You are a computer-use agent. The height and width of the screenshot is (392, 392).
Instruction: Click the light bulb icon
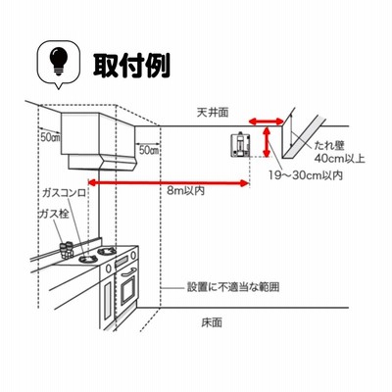pyautogui.click(x=59, y=62)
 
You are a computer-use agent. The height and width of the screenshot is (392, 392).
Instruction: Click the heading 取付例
pyautogui.click(x=131, y=66)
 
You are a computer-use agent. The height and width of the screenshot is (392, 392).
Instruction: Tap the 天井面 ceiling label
pyautogui.click(x=213, y=113)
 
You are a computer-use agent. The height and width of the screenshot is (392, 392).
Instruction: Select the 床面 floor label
pyautogui.click(x=212, y=322)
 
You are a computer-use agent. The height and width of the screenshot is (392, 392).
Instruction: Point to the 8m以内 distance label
pyautogui.click(x=186, y=190)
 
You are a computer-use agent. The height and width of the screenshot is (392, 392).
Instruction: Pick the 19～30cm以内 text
pyautogui.click(x=306, y=175)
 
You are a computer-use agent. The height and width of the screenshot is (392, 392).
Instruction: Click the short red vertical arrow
pyautogui.click(x=268, y=142)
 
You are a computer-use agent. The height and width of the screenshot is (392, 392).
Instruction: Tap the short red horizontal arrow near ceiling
pyautogui.click(x=266, y=122)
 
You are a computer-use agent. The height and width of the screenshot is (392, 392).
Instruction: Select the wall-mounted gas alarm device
pyautogui.click(x=240, y=145)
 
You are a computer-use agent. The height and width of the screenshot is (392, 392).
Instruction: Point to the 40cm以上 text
pyautogui.click(x=339, y=159)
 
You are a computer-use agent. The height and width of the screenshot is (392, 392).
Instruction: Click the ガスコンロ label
pyautogui.click(x=65, y=193)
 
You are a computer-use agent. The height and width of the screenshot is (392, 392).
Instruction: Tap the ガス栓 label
pyautogui.click(x=54, y=215)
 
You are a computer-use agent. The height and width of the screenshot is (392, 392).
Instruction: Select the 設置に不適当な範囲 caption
pyautogui.click(x=233, y=287)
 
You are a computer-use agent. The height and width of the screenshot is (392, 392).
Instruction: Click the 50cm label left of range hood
pyautogui.click(x=50, y=137)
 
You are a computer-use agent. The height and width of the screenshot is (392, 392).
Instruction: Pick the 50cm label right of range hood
pyautogui.click(x=149, y=150)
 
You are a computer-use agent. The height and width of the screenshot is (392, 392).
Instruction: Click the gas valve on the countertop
pyautogui.click(x=67, y=249)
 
